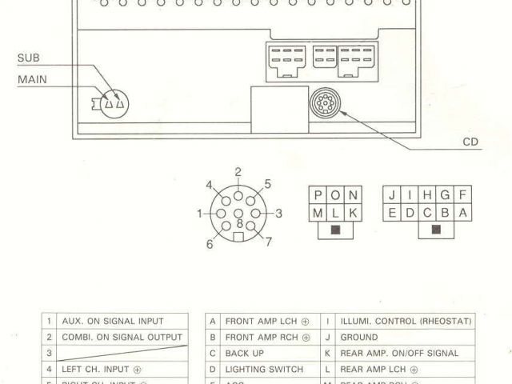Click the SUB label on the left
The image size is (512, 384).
[28, 58]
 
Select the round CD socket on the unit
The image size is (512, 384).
[324, 104]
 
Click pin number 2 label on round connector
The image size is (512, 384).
[238, 172]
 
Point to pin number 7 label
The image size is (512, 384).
[269, 242]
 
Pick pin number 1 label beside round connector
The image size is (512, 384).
[200, 214]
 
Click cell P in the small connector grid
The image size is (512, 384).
[318, 195]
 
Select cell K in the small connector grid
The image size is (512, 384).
[354, 213]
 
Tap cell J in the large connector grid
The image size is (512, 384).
[391, 195]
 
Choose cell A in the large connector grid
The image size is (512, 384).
[462, 213]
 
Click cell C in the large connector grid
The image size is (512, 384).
[426, 213]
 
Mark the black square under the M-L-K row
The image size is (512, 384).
[336, 231]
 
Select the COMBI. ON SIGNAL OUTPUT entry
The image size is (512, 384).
[122, 337]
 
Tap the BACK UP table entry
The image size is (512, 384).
[244, 353]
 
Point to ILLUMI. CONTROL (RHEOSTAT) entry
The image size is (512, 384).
[406, 321]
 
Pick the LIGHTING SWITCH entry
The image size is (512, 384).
[264, 370]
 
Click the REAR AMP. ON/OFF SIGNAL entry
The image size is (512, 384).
[399, 353]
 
